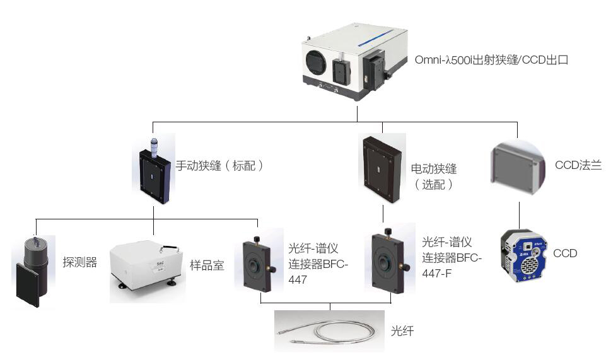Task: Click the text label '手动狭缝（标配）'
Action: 219,166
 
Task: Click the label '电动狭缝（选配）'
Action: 433,177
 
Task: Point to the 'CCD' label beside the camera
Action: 564,253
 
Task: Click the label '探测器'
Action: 80,262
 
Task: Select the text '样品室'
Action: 207,265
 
